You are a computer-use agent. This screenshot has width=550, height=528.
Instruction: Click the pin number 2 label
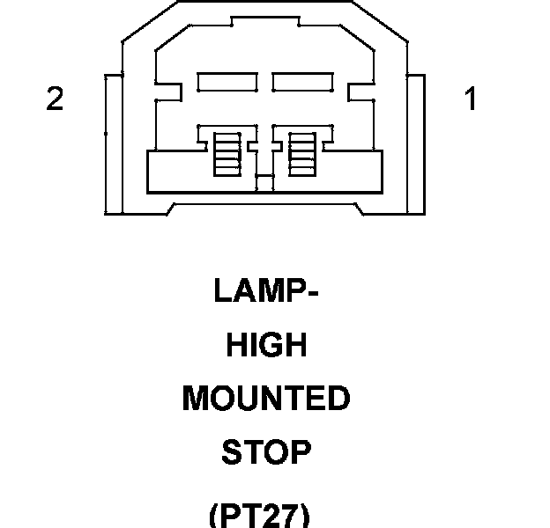[x=55, y=100]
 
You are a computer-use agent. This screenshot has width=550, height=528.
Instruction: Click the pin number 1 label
[x=471, y=100]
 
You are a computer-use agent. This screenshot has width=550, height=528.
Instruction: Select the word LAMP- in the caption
[x=265, y=291]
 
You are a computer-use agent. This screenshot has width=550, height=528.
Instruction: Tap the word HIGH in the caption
[x=266, y=345]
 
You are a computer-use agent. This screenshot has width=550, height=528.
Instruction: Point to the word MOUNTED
[x=266, y=399]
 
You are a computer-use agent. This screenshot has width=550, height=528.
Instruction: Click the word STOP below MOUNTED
[x=266, y=452]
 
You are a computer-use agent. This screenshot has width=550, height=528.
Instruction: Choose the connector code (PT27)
[x=260, y=512]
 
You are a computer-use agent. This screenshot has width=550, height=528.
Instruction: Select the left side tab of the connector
[x=112, y=143]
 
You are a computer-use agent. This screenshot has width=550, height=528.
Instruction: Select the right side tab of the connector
[x=417, y=143]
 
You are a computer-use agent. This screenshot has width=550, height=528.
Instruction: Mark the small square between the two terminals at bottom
[x=264, y=184]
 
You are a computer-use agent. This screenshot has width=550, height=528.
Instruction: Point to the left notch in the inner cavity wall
[x=160, y=92]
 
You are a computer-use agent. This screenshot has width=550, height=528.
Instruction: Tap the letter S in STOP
[x=231, y=452]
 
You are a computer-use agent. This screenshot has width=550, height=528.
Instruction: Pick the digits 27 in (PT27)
[x=281, y=512]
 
